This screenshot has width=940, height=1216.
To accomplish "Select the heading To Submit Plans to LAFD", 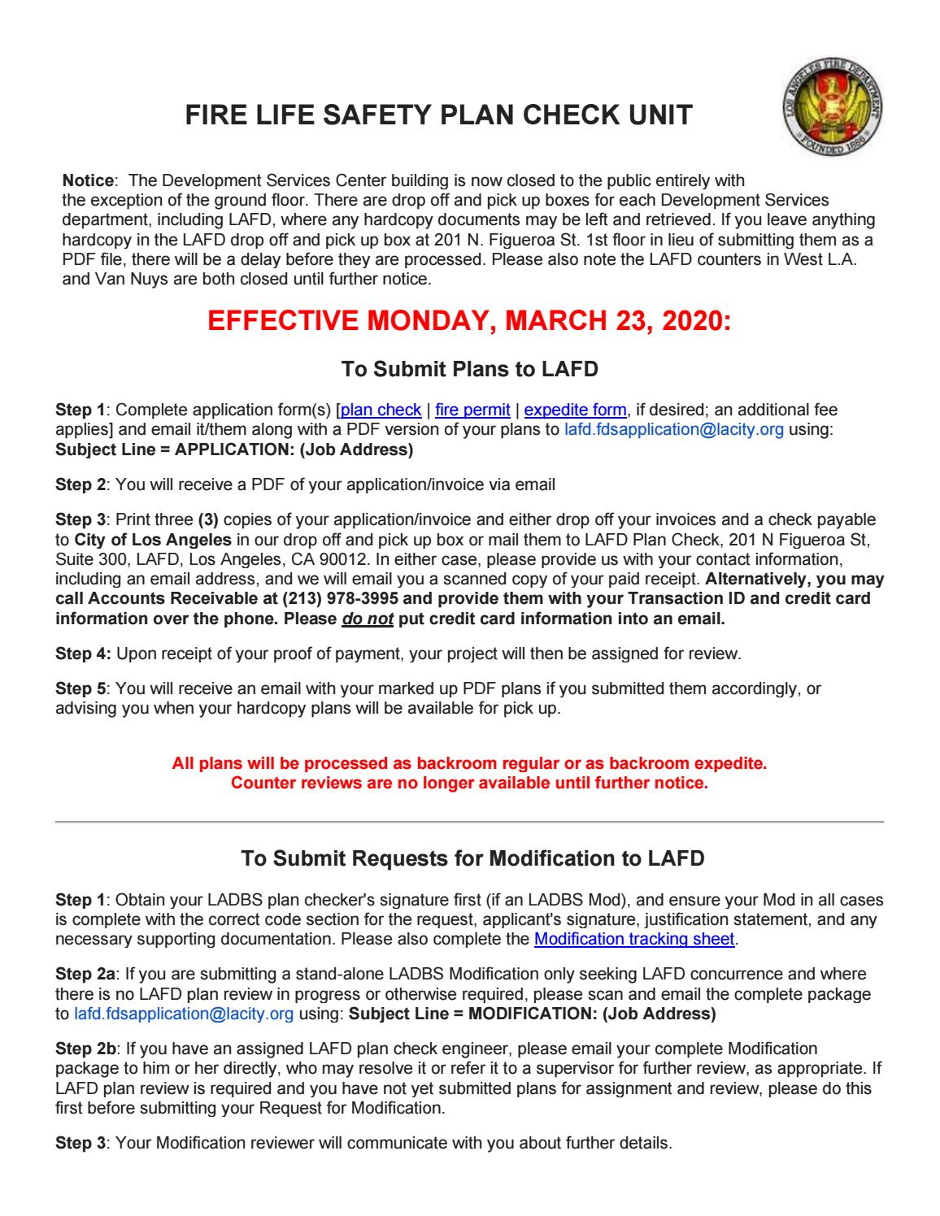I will coord(469,370).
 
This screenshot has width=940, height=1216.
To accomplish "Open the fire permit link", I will coord(472,410).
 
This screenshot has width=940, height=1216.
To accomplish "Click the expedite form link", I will coord(576,410).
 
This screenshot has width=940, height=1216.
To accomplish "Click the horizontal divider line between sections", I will coord(469,823).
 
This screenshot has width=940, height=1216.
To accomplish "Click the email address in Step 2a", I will coord(184,1014).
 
